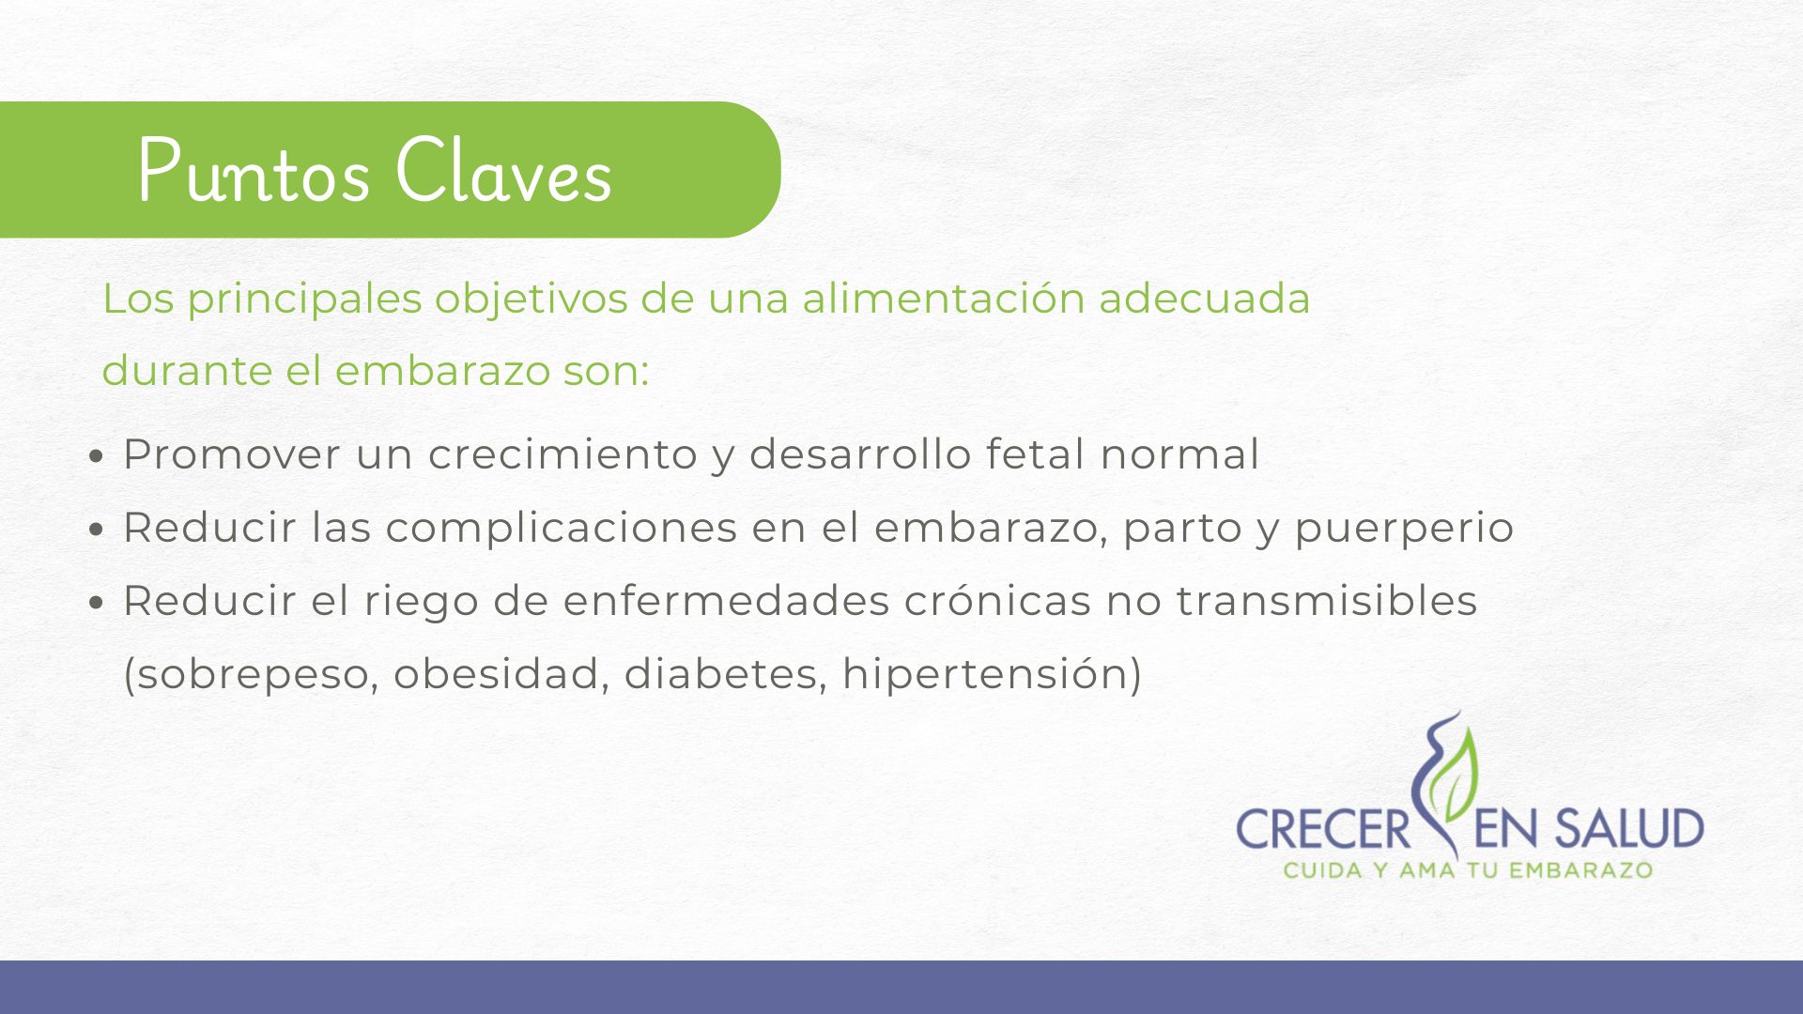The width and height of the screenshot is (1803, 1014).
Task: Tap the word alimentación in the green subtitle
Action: click(x=943, y=299)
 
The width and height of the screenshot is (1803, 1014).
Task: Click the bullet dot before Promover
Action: click(x=96, y=456)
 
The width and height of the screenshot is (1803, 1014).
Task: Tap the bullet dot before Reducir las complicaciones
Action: click(x=96, y=530)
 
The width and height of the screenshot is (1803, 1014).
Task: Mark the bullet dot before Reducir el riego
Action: click(x=96, y=603)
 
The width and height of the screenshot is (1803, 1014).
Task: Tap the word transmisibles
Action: click(x=1327, y=601)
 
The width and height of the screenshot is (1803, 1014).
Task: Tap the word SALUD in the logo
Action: click(x=1628, y=829)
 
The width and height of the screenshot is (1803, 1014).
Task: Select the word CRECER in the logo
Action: click(x=1323, y=830)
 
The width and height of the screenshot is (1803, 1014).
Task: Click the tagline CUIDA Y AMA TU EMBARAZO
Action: click(x=1468, y=870)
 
